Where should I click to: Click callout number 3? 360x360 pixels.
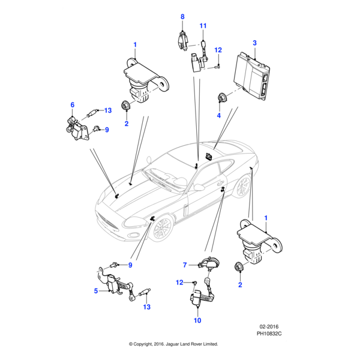coord(254,43)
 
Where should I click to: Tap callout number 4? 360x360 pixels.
coord(218,115)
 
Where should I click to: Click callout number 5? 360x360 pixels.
coord(96,292)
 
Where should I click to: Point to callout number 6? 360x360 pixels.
coord(73,105)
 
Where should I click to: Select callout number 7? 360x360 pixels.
coord(185,264)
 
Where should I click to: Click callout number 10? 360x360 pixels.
coord(197,320)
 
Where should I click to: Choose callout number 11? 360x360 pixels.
coord(203,26)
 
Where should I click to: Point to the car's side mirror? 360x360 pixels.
coord(198,188)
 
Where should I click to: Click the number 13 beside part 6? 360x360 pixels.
coord(108,110)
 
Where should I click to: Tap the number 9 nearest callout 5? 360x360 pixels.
coord(129,265)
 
